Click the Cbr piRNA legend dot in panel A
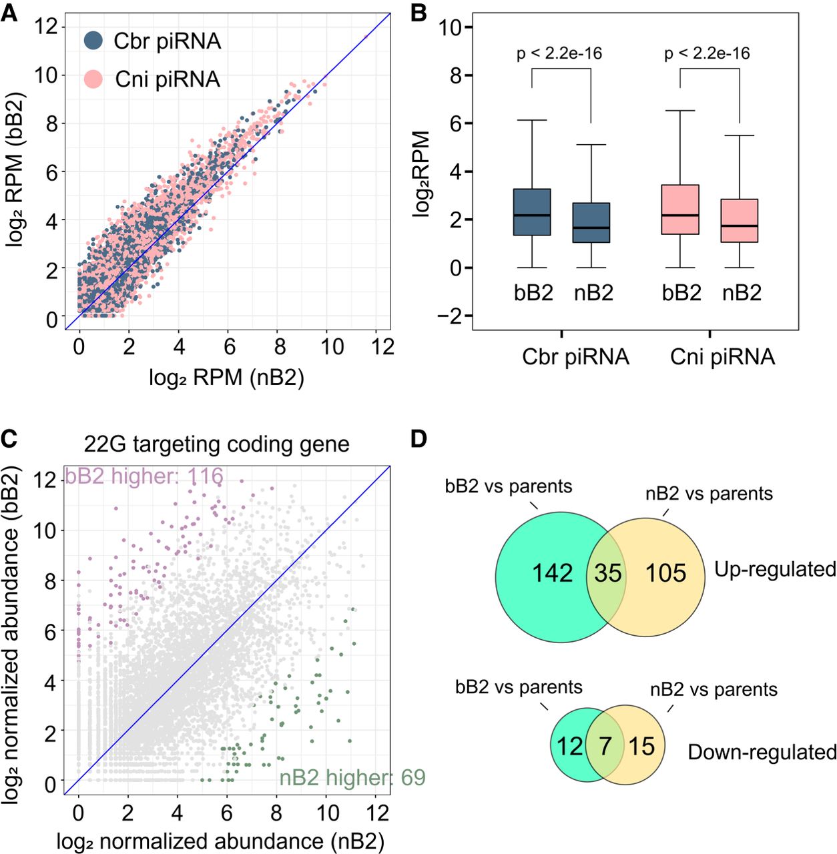click(x=93, y=40)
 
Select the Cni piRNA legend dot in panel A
click(x=93, y=79)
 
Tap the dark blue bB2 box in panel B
click(x=532, y=212)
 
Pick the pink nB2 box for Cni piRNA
click(x=740, y=220)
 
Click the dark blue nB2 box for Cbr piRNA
click(x=591, y=222)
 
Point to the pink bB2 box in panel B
click(x=680, y=209)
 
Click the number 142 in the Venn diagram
click(x=552, y=572)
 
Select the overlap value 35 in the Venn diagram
click(x=607, y=572)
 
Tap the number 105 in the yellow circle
click(x=665, y=572)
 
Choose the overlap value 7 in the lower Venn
click(x=605, y=747)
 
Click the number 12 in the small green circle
click(x=569, y=747)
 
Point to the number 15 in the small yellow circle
click(x=642, y=747)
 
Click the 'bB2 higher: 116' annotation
click(x=144, y=476)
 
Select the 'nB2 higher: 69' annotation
click(x=352, y=777)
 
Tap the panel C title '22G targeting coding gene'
click(x=216, y=444)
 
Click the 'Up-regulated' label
click(x=775, y=570)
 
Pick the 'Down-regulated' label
click(x=762, y=752)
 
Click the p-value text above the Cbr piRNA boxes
click(x=559, y=53)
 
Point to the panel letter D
click(x=418, y=439)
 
